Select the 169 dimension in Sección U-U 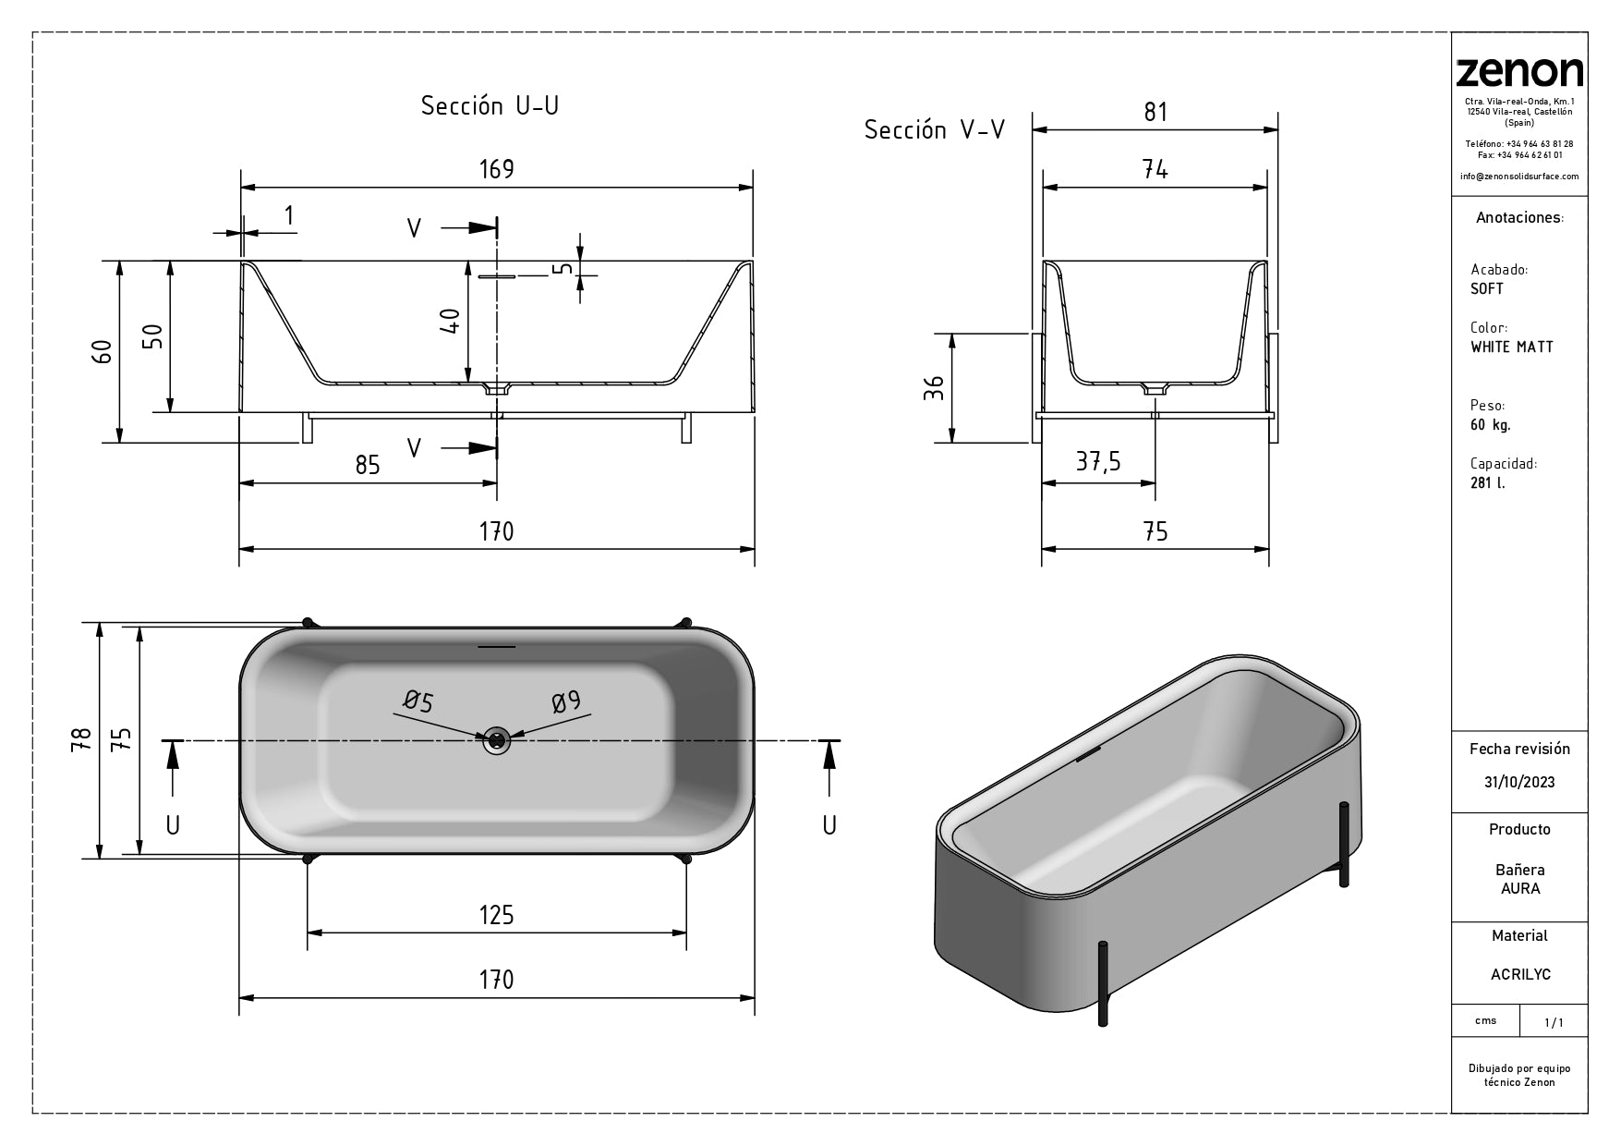click(x=496, y=170)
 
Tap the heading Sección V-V click(x=934, y=130)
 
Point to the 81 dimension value click(x=1155, y=112)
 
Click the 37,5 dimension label click(x=1098, y=461)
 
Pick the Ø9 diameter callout click(x=566, y=702)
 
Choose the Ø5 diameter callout click(x=418, y=702)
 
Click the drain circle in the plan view click(x=497, y=739)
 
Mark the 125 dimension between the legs click(x=496, y=915)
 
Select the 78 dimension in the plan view click(x=82, y=738)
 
